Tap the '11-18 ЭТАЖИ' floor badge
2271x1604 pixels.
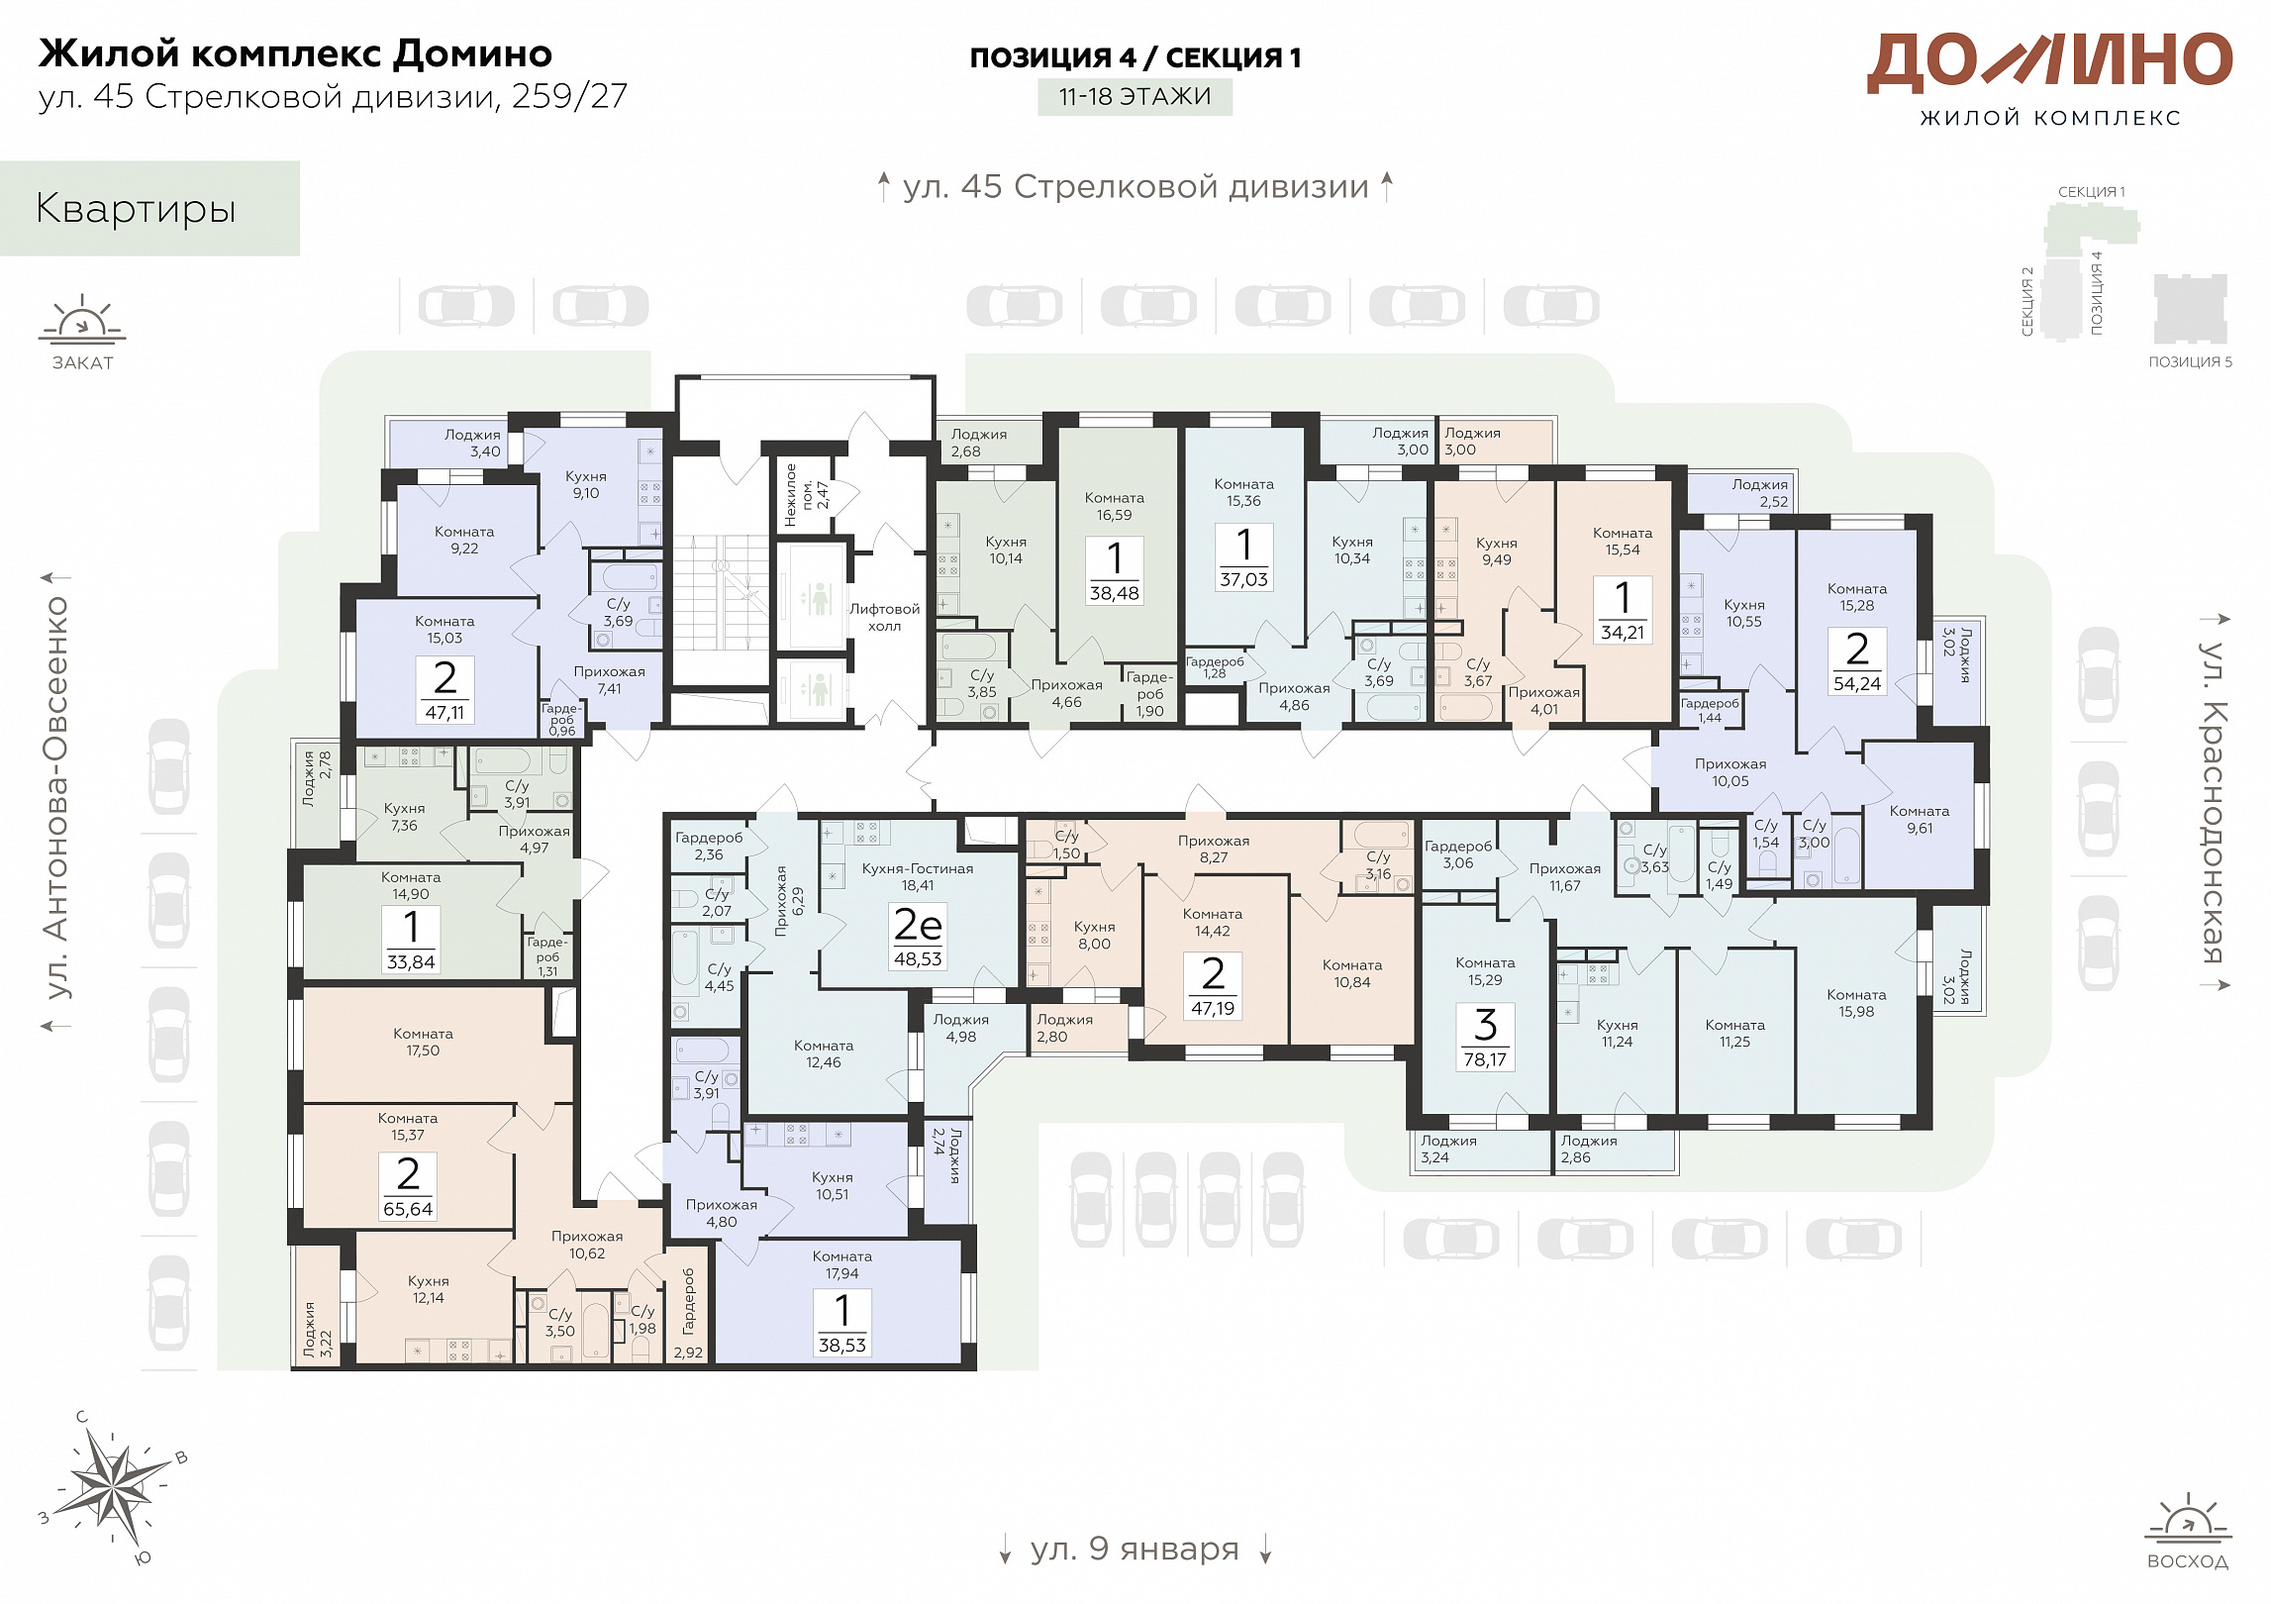click(x=1135, y=97)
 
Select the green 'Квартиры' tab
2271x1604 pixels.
click(x=149, y=209)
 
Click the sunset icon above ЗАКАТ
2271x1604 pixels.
click(x=82, y=319)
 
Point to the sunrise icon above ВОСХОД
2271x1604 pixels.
click(x=2188, y=1518)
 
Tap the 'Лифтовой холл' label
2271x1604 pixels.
click(x=884, y=617)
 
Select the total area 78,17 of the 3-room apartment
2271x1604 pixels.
click(x=1485, y=1059)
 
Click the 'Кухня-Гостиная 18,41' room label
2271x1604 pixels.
click(x=918, y=876)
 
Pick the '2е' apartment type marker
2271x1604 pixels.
click(x=918, y=925)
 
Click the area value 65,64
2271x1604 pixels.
click(x=408, y=1209)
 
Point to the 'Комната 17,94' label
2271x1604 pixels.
click(x=842, y=1264)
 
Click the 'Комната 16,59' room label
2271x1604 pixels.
click(x=1114, y=506)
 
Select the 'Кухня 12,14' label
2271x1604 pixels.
click(x=429, y=1289)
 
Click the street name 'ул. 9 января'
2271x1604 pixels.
click(x=1135, y=1548)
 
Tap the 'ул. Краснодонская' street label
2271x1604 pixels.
click(x=2215, y=802)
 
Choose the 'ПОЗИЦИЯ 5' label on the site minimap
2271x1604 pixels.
click(x=2190, y=361)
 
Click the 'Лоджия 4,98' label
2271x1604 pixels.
click(x=960, y=1028)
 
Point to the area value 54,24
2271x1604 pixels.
click(x=1857, y=683)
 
